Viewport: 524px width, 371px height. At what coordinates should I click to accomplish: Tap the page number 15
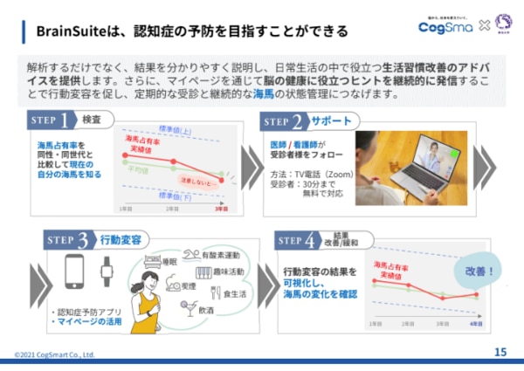tap(500, 352)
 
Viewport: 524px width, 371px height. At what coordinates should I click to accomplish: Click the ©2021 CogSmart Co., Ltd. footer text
tap(54, 354)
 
